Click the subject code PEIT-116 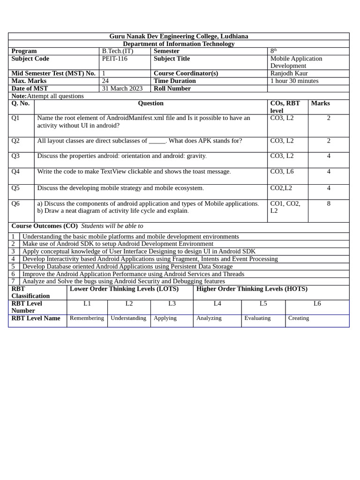coord(114,59)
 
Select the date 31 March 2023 coord(122,89)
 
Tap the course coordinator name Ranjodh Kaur coord(289,74)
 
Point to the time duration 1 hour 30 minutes coord(294,81)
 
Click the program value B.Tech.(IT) coord(118,51)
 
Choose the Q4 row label coord(16,172)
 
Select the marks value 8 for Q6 coord(329,203)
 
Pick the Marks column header coord(320,103)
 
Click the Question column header coord(150,103)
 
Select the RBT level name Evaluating coord(257,318)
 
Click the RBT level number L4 coord(217,303)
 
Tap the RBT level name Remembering coord(87,318)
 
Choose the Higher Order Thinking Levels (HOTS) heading coord(252,289)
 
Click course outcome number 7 coord(13,281)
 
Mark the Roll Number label coord(172,89)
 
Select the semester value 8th coord(273,51)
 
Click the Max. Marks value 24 coord(105,81)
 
